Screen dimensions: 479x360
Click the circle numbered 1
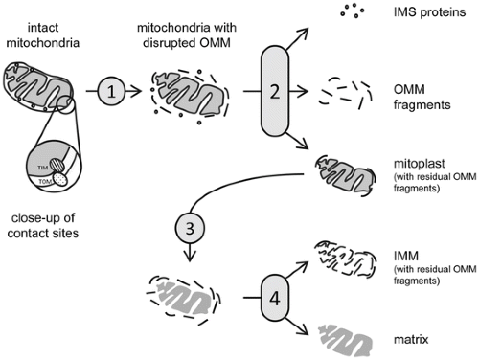coord(111,92)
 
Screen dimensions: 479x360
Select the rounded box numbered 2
coord(275,91)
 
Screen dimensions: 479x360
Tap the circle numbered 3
coord(190,228)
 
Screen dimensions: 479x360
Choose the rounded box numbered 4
coord(275,298)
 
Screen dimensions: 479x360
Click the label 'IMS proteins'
coord(429,12)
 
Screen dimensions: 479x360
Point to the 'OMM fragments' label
coord(422,97)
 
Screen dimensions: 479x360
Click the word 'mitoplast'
coord(419,164)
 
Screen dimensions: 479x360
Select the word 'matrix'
coord(411,339)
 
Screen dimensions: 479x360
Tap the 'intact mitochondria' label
coord(43,35)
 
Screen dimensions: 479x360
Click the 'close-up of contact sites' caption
coord(43,226)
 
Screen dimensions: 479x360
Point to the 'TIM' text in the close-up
coord(43,168)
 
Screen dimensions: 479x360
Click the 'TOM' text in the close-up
coord(45,182)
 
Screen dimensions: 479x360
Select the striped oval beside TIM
coord(57,166)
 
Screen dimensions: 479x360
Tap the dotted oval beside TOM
coord(60,179)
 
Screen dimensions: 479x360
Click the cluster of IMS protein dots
coord(353,11)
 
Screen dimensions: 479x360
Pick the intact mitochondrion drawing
coord(38,86)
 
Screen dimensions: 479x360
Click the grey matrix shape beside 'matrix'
coord(346,341)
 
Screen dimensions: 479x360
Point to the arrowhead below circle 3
coord(190,257)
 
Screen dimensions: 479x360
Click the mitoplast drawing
coord(346,175)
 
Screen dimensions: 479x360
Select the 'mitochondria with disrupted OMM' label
coord(187,35)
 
